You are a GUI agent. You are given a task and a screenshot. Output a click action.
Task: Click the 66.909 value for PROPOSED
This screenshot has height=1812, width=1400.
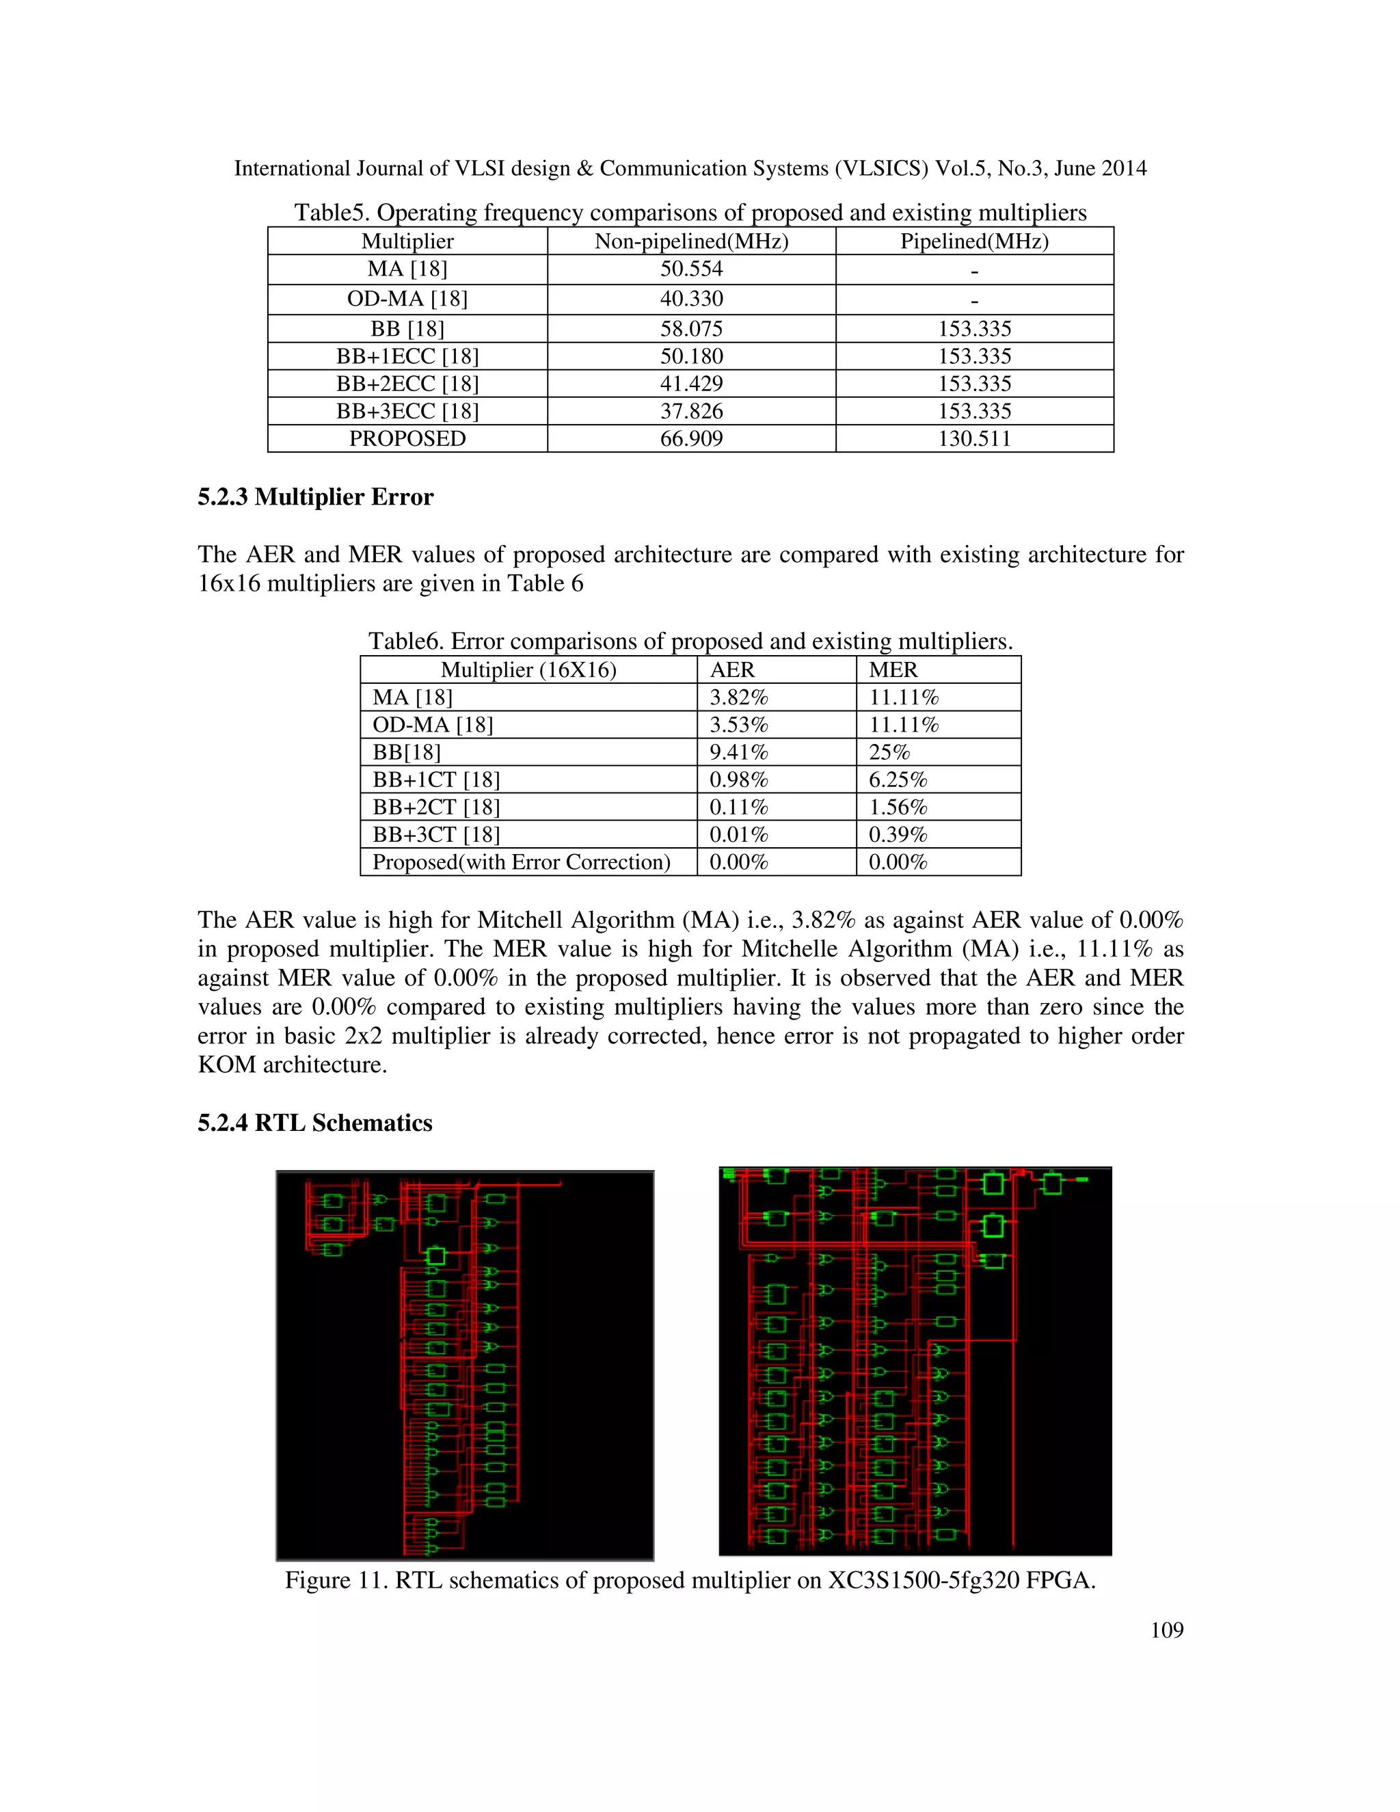pos(691,438)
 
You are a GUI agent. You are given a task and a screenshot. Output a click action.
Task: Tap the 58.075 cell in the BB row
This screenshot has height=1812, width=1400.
pos(691,328)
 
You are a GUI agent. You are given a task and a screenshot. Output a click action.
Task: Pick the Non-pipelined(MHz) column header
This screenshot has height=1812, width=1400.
pos(691,241)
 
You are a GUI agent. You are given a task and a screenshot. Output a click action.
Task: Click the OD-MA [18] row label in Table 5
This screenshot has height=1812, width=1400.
pos(407,299)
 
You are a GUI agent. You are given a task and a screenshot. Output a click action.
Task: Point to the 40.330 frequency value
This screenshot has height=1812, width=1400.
pos(691,299)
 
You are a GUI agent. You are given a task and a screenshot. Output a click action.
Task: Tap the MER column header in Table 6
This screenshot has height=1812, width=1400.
pos(893,669)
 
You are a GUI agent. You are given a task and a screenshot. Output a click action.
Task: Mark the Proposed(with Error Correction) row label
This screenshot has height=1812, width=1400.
pos(521,862)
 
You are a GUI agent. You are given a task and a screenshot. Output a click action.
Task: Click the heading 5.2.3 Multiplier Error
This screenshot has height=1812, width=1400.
pos(315,497)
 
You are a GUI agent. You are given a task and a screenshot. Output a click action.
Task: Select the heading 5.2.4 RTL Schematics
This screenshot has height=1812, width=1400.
pos(315,1123)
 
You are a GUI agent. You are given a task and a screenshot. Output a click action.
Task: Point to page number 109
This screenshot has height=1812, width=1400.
pos(1166,1629)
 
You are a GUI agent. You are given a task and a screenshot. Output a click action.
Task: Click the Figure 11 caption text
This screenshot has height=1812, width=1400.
pos(690,1580)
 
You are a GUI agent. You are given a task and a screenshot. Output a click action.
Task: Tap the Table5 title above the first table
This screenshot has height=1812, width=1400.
pos(690,213)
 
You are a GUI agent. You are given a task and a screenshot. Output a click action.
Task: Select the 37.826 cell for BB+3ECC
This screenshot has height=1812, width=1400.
pos(691,411)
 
